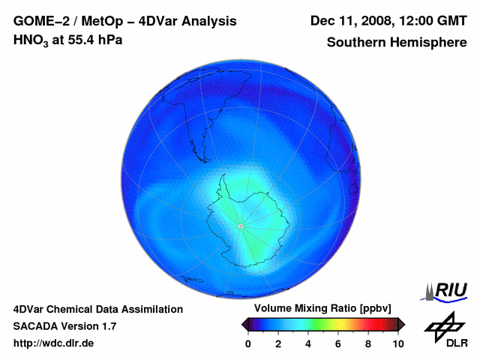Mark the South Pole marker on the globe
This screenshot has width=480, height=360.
click(241, 226)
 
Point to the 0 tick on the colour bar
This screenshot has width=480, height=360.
click(248, 343)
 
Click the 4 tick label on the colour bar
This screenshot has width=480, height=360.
click(308, 343)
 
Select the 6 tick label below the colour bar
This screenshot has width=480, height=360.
click(338, 343)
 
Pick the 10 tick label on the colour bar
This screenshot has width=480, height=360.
click(397, 343)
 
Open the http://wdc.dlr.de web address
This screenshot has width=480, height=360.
click(54, 343)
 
